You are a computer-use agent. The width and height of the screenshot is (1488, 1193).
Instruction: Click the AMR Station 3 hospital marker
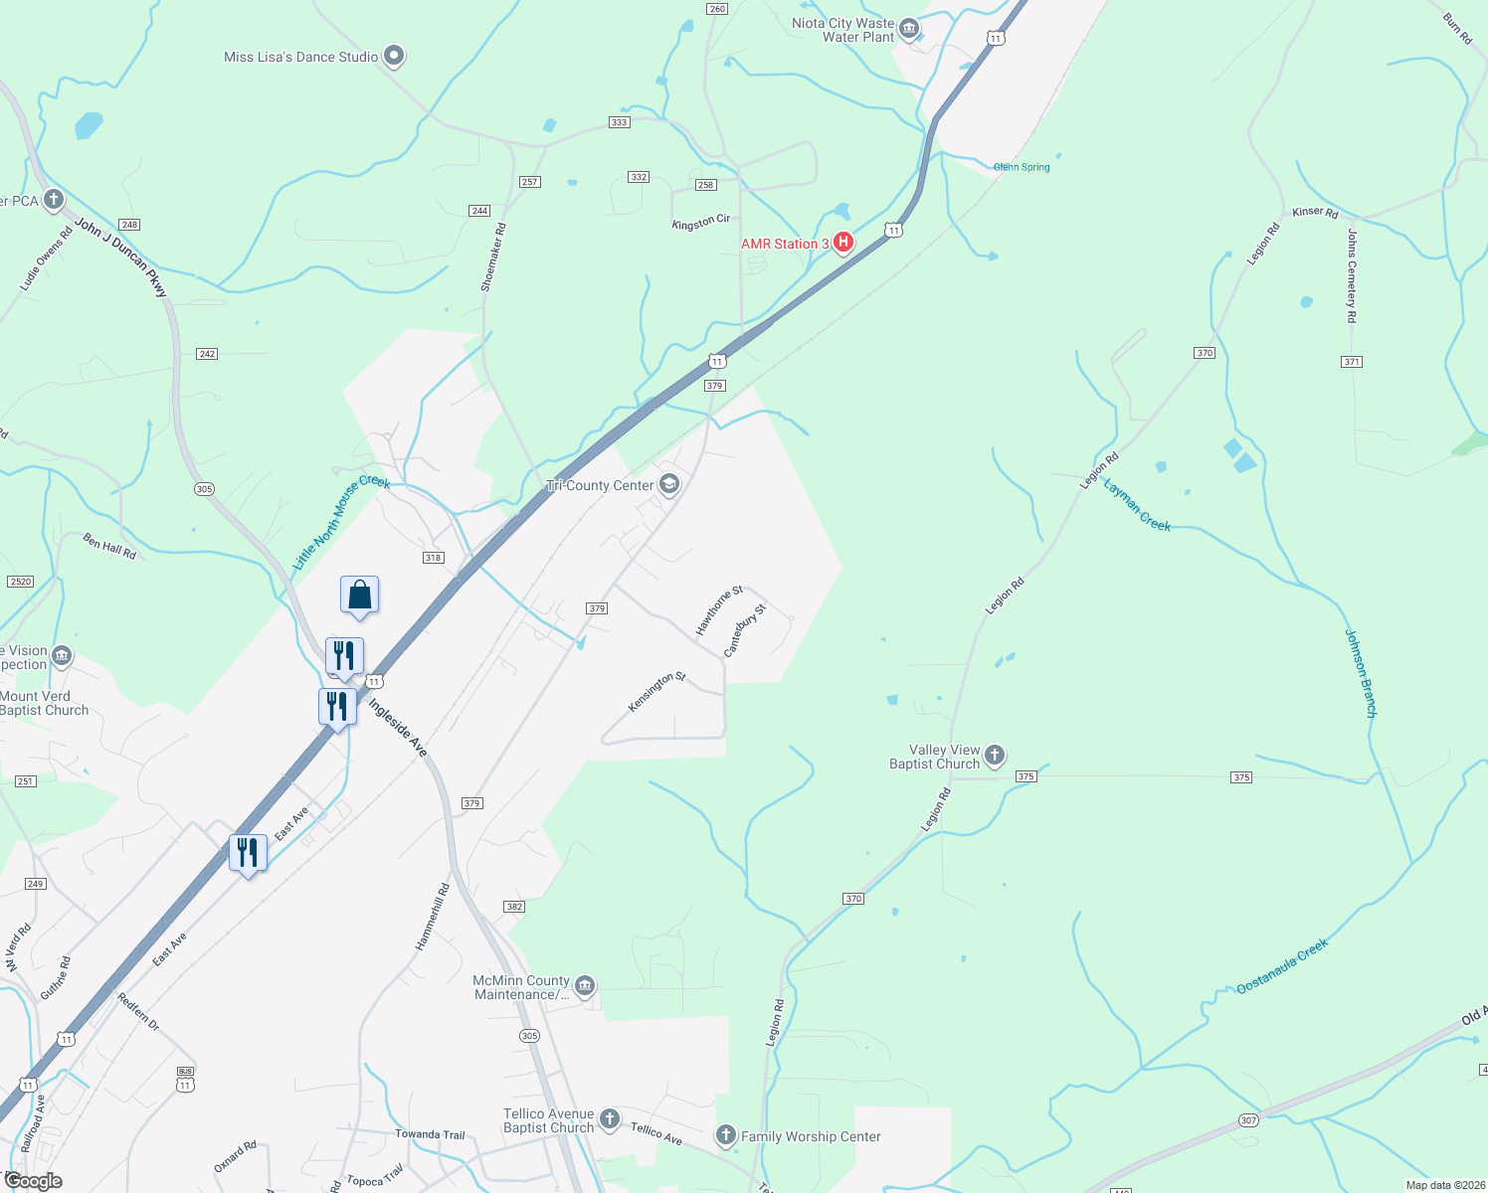843,242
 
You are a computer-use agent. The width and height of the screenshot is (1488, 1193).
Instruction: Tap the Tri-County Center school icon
669,484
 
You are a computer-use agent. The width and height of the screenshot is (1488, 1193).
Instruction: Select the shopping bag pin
359,596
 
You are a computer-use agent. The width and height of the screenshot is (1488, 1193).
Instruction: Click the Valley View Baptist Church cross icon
994,757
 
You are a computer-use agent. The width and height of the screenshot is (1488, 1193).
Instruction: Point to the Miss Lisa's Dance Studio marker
394,56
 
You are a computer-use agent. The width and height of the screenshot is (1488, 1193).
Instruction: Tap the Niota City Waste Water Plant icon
908,30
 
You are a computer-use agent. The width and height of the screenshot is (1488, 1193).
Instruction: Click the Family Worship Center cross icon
726,1135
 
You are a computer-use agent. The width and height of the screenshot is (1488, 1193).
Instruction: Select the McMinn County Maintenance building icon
585,985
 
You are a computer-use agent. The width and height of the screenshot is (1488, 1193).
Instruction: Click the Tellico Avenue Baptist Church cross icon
609,1119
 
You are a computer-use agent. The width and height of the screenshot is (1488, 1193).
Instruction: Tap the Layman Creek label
1138,505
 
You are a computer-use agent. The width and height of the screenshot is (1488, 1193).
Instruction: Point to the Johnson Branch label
1361,673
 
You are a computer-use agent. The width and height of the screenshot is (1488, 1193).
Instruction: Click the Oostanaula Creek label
1282,966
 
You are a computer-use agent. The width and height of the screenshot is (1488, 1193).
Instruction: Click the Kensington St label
656,692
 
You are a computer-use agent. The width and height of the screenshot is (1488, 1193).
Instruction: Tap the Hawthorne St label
719,610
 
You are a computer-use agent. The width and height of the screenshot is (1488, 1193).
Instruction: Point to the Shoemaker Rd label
493,256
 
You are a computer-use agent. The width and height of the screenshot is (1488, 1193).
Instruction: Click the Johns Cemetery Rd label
1352,275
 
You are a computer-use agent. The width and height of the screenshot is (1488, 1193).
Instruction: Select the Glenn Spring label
1022,167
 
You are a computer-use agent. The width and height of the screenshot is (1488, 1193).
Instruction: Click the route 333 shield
619,122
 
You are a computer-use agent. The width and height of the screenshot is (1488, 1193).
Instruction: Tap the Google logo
33,1181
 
